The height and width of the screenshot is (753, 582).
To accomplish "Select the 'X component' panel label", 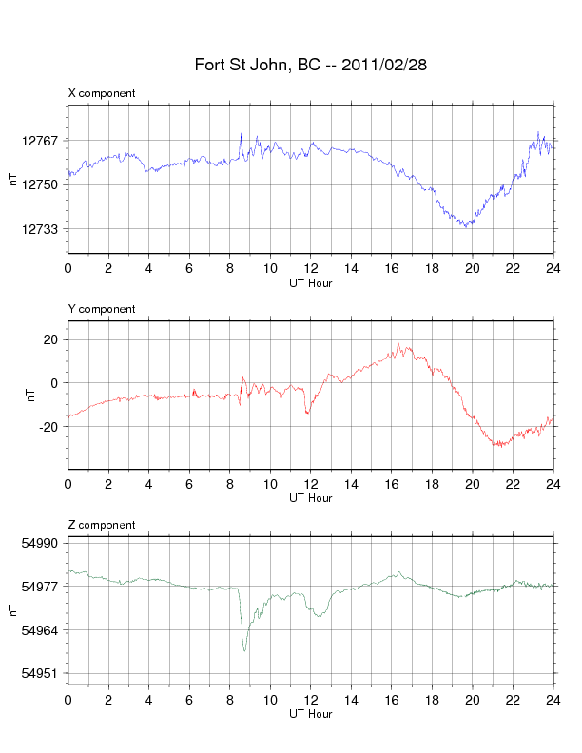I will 102,93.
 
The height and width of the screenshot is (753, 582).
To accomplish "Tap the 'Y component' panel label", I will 102,309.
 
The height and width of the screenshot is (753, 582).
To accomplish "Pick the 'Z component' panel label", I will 102,525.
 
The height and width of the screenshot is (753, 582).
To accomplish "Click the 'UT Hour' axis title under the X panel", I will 310,282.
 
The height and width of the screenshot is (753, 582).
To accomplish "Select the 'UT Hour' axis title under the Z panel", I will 310,714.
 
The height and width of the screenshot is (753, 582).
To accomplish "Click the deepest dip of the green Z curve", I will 244,650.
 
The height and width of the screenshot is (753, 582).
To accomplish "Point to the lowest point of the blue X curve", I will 466,226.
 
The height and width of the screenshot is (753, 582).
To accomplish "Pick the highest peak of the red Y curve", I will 398,343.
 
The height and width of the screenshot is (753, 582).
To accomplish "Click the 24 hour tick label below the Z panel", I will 552,700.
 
